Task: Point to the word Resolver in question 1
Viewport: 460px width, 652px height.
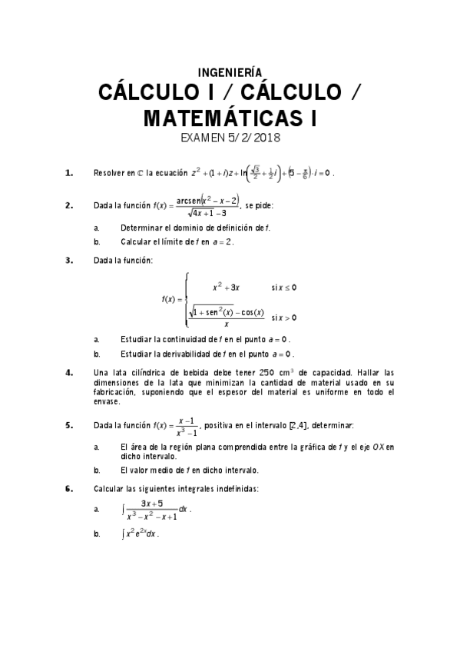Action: (108, 173)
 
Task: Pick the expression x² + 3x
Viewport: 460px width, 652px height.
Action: (227, 287)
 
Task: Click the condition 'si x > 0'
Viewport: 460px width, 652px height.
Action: (283, 317)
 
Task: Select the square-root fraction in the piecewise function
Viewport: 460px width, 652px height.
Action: (227, 317)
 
